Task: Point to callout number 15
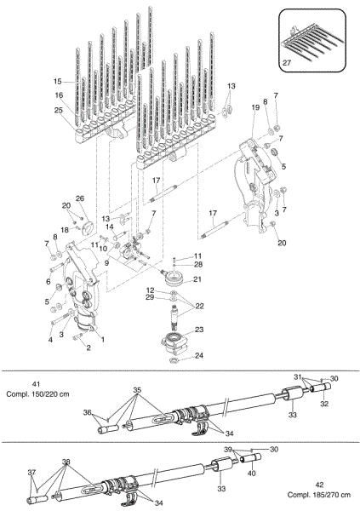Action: (58, 82)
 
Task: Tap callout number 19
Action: (254, 108)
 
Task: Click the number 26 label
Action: (80, 200)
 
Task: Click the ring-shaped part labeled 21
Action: (175, 279)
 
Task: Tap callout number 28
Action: (197, 266)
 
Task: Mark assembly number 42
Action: (338, 484)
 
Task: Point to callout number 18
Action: (65, 230)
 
